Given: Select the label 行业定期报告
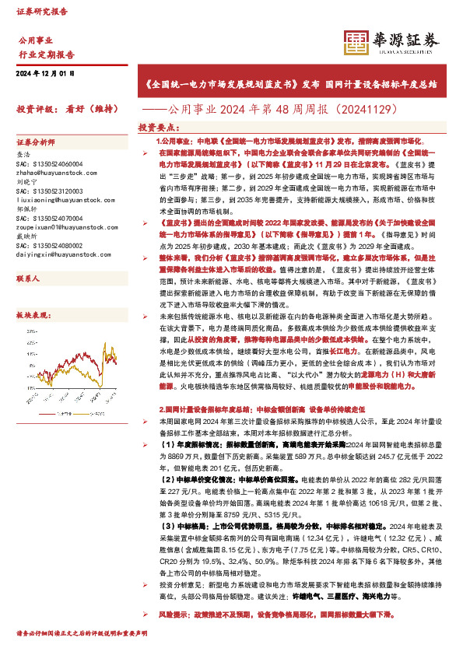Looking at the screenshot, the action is [x=46, y=55].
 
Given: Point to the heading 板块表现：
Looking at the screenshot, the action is [x=33, y=315].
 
